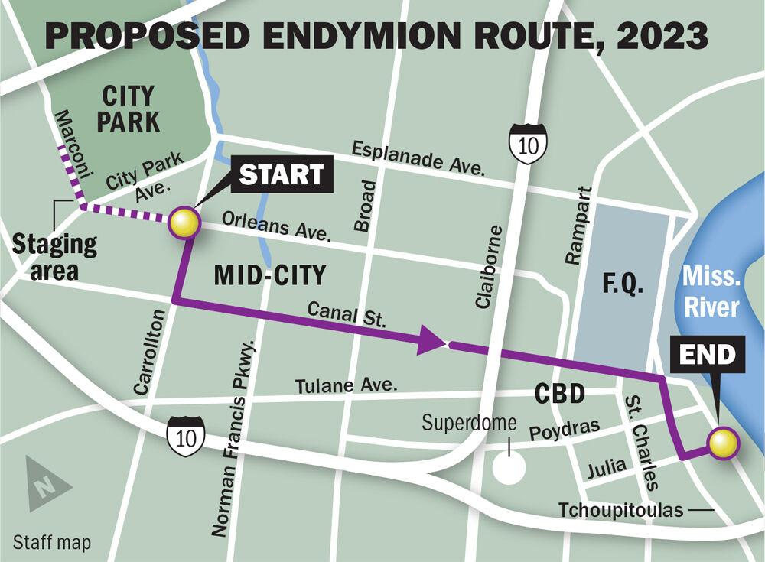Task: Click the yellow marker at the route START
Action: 184,223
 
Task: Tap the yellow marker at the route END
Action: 722,443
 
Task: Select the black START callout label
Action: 282,174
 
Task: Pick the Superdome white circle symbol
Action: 509,467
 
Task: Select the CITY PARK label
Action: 129,109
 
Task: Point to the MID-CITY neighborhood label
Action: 269,275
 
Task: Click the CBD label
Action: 559,395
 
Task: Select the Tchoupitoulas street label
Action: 620,510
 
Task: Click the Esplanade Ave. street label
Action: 418,158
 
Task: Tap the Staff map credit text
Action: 52,543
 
